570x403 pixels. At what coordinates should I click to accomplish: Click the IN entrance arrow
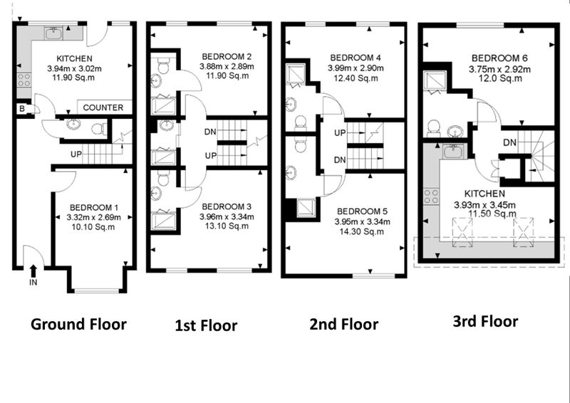click(33, 271)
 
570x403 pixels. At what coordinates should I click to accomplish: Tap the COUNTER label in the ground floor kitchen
click(103, 108)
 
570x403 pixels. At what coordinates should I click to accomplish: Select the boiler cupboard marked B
click(22, 109)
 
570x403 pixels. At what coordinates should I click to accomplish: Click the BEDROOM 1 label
click(94, 207)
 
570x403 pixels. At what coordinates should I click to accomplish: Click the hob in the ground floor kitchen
click(24, 80)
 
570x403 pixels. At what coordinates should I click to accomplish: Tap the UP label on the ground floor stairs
click(76, 155)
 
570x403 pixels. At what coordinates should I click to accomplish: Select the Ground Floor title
click(78, 324)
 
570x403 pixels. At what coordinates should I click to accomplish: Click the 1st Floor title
click(206, 325)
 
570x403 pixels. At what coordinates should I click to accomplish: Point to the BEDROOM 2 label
click(227, 57)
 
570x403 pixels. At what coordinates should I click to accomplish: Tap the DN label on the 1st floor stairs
click(210, 132)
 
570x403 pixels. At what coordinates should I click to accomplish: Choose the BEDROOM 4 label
click(356, 58)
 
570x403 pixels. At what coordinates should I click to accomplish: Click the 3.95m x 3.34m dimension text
click(363, 221)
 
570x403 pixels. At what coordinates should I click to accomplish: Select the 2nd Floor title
click(343, 324)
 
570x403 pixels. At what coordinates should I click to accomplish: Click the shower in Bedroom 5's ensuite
click(306, 208)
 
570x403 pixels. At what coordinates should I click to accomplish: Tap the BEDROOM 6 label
click(499, 58)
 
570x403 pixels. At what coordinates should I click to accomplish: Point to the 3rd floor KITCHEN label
click(485, 194)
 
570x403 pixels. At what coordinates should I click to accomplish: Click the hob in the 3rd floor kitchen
click(431, 197)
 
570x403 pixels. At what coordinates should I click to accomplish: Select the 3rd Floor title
click(485, 322)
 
